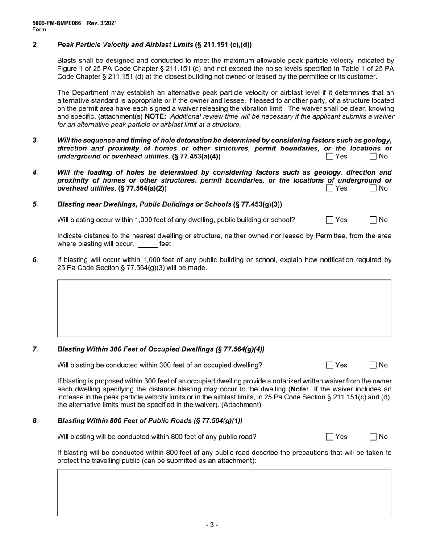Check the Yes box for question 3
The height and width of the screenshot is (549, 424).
coord(329,156)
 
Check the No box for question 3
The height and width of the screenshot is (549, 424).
coord(373,156)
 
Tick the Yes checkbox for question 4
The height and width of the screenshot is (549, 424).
coord(329,188)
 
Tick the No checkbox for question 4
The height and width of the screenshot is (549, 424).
coord(373,188)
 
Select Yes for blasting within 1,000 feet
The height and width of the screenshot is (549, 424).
coord(329,220)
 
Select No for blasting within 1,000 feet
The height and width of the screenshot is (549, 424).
coord(373,220)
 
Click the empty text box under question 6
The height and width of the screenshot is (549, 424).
coord(224,308)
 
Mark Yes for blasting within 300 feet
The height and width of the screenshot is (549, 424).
coord(329,365)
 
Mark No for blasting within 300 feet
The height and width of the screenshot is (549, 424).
coord(373,365)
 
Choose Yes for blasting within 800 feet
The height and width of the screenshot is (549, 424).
coord(329,437)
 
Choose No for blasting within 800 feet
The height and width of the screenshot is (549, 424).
coord(373,437)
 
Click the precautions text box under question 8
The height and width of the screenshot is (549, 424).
coord(224,492)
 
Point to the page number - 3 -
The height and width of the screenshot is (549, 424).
coord(212,525)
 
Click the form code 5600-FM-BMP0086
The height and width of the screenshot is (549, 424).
coord(57,23)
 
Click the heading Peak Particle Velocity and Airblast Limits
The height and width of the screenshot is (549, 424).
coord(126,45)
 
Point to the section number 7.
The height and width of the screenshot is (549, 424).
coord(35,349)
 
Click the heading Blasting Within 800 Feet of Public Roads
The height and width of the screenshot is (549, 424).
coord(150,421)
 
